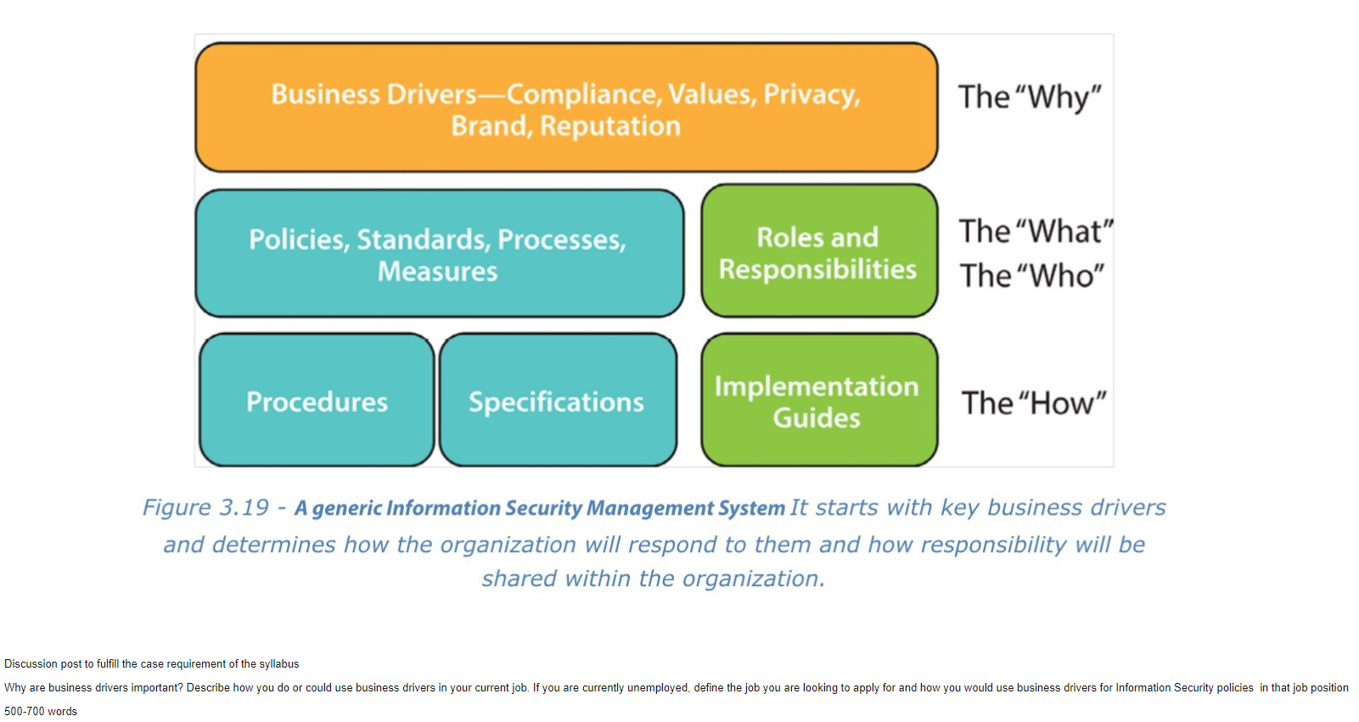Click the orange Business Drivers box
567,108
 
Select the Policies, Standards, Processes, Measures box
440,253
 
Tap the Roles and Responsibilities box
819,251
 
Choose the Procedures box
317,400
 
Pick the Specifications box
558,400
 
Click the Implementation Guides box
819,400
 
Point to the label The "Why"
1030,97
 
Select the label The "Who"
1032,276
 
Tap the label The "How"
1034,403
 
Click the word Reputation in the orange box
610,127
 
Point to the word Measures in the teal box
437,271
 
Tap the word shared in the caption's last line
519,578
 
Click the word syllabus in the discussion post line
279,664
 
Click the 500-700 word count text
41,712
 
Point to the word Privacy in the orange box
812,95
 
